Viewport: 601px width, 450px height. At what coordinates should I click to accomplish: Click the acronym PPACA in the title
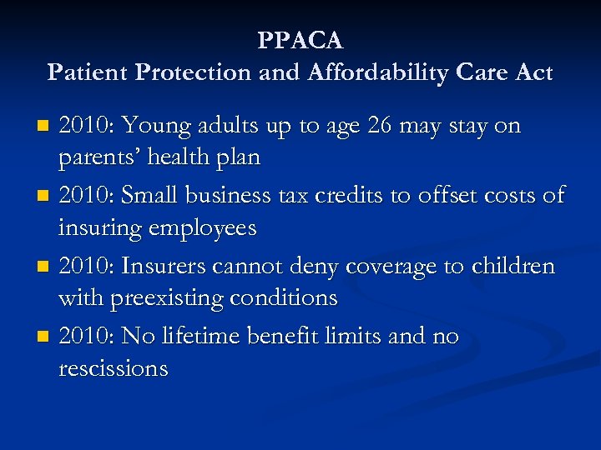[x=300, y=40]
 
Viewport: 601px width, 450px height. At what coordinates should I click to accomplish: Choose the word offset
[x=450, y=196]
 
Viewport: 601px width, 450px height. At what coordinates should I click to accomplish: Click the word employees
[x=205, y=227]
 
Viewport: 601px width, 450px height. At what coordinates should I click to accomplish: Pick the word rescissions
[x=113, y=368]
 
